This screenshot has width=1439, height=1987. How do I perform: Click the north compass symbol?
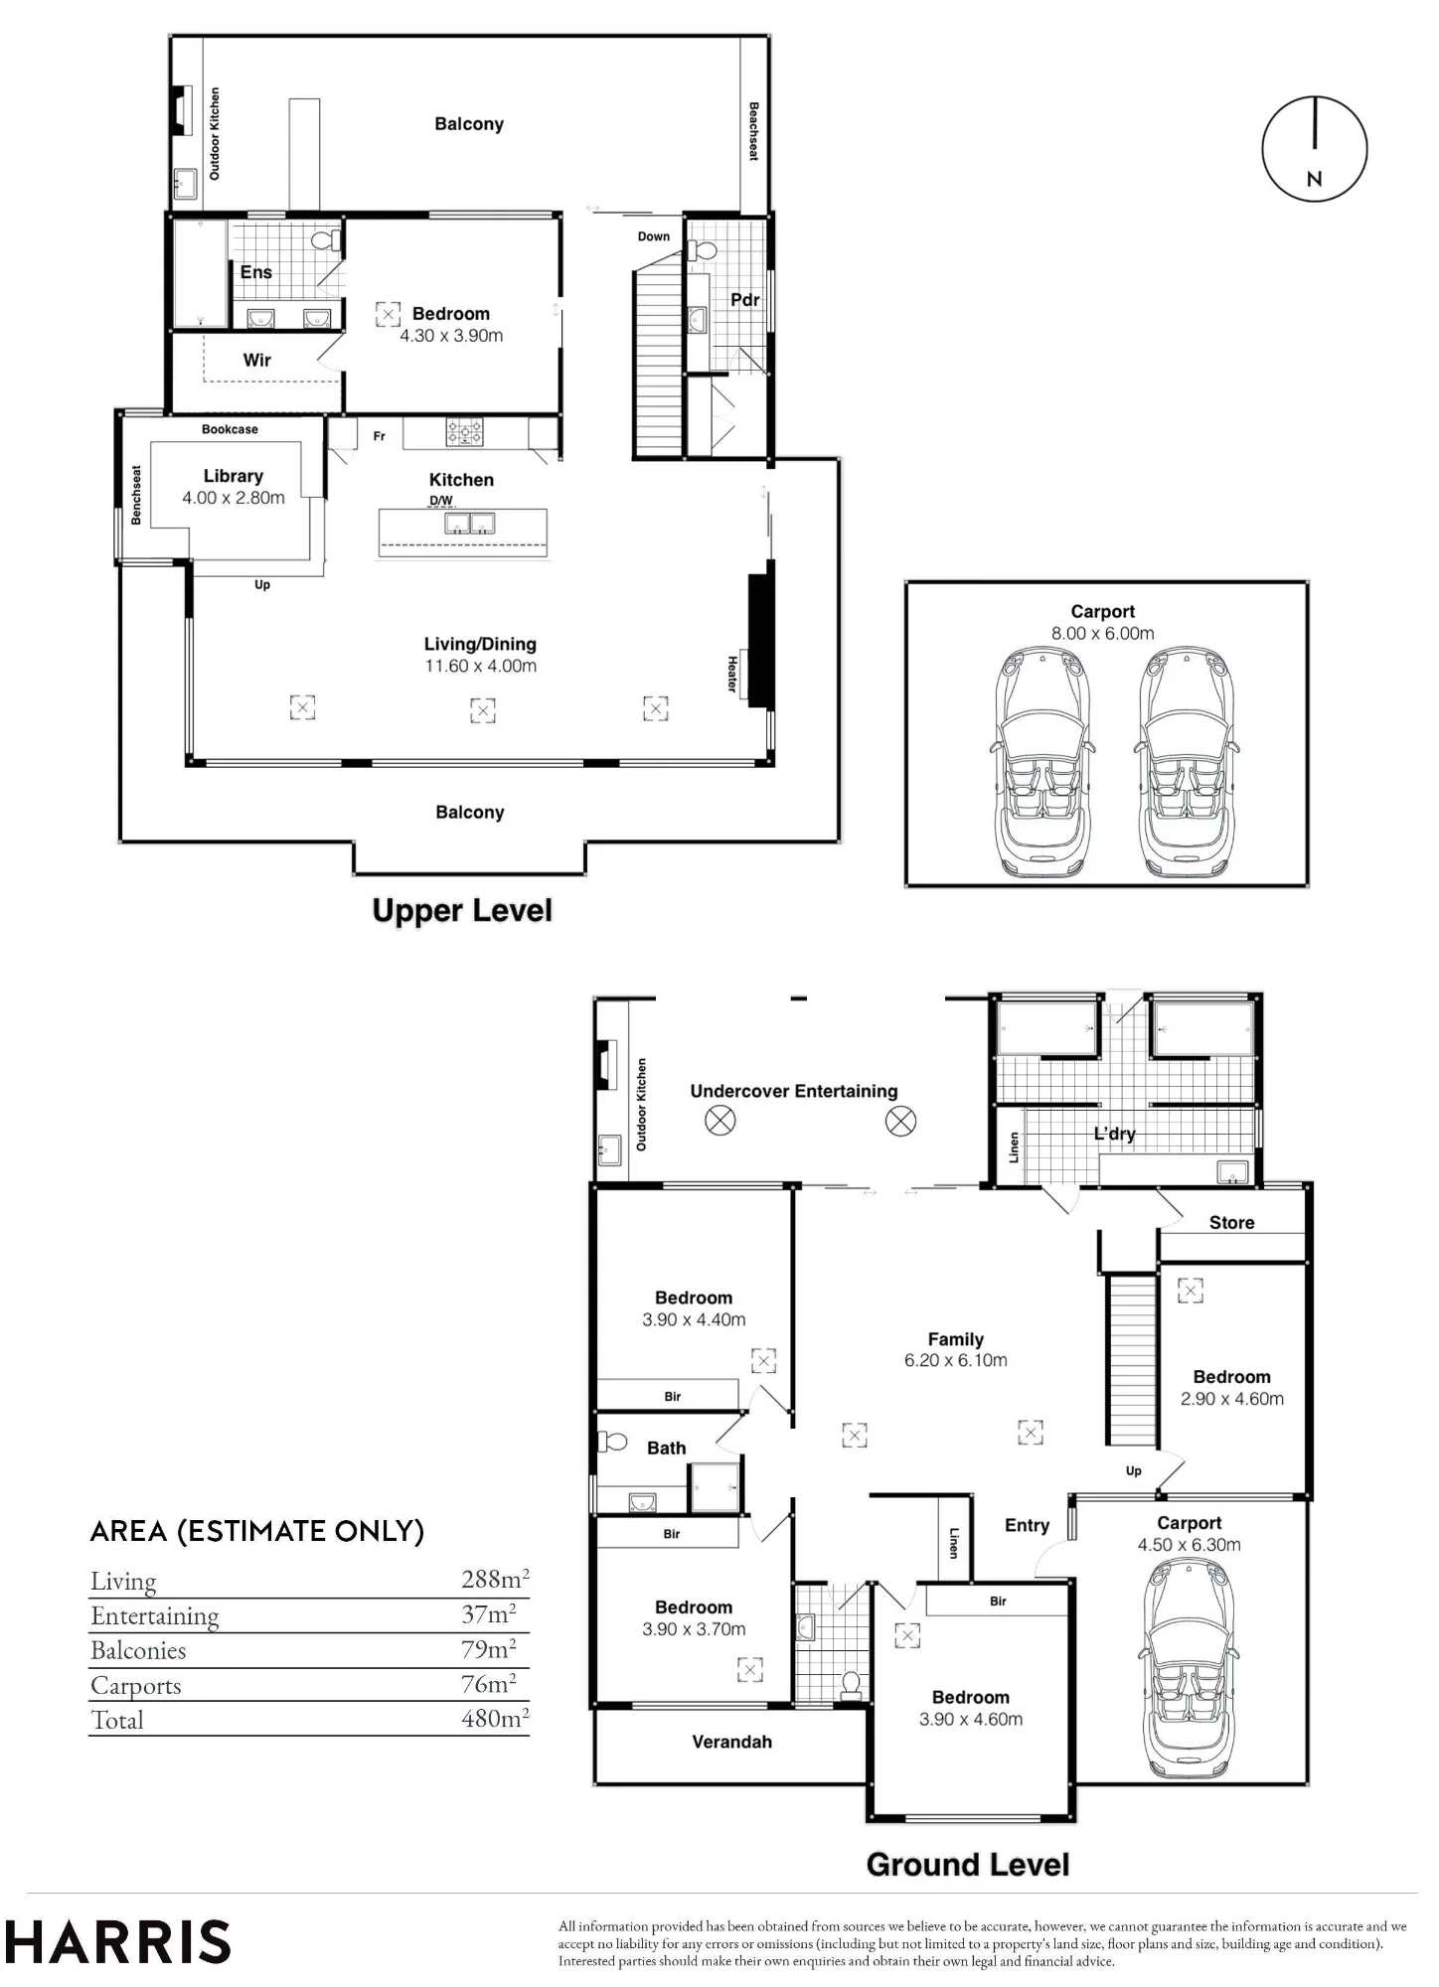click(1315, 149)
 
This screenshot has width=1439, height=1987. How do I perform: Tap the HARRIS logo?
click(117, 1941)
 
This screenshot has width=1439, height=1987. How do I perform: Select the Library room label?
click(234, 476)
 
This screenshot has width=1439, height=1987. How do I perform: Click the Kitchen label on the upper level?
click(461, 480)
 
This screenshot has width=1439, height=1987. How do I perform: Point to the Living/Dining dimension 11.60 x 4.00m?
click(481, 667)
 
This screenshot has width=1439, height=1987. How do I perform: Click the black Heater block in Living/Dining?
click(760, 634)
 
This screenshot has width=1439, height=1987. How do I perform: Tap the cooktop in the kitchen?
click(464, 431)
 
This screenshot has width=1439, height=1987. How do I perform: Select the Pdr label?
click(745, 300)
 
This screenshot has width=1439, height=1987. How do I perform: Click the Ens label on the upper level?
click(256, 272)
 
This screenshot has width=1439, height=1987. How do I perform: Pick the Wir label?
click(257, 361)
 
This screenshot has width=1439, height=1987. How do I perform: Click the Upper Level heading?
click(462, 911)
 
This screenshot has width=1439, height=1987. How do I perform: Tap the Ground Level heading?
click(968, 1865)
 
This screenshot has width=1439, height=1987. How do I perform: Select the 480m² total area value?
click(495, 1718)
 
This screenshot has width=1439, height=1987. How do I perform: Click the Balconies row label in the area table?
click(138, 1650)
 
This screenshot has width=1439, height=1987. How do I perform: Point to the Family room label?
click(956, 1339)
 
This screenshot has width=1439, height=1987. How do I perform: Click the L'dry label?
click(1114, 1134)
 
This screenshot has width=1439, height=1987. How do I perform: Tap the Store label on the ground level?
click(1232, 1223)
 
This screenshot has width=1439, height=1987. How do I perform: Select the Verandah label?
click(732, 1742)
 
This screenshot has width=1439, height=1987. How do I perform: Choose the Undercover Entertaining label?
click(794, 1091)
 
